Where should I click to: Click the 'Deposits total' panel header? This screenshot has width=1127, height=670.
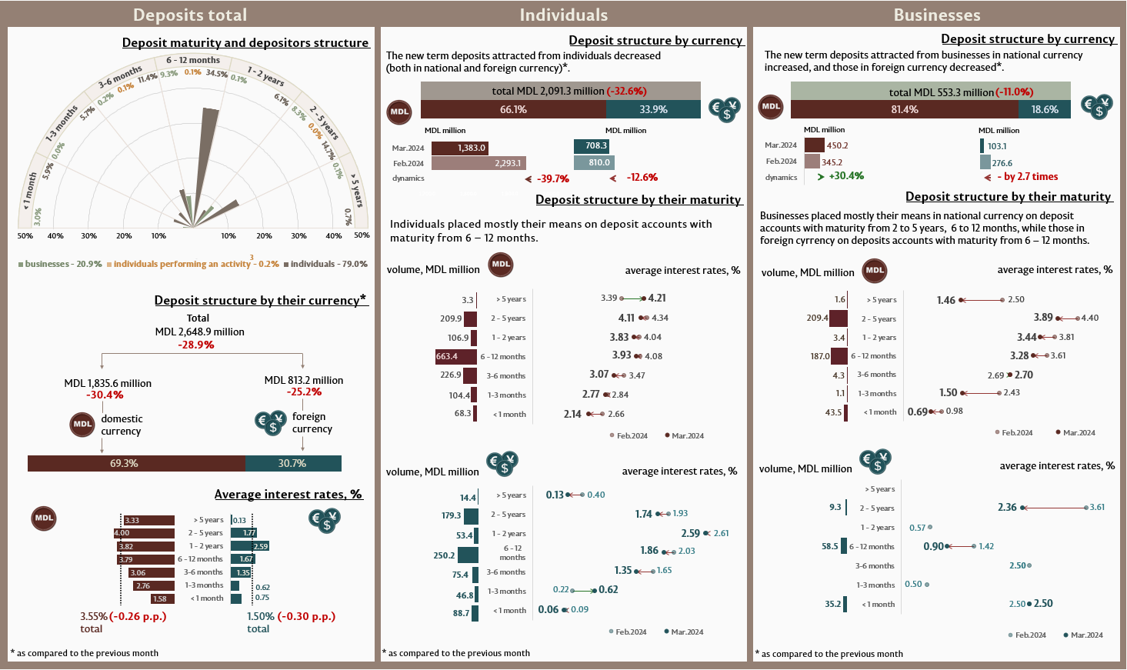(190, 15)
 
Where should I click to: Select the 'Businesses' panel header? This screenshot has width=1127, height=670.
(936, 15)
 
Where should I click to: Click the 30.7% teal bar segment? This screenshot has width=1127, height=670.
(293, 463)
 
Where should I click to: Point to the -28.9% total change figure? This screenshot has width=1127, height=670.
(196, 345)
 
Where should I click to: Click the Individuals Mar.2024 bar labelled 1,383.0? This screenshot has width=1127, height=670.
(459, 148)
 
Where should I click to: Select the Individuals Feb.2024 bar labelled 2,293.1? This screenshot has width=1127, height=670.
(478, 163)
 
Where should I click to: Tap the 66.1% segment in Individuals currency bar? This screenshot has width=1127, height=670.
(513, 109)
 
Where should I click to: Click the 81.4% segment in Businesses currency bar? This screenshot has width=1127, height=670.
(905, 109)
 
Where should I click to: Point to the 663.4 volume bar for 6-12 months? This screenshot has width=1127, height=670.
(455, 356)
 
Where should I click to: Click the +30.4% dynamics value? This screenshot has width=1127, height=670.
(846, 176)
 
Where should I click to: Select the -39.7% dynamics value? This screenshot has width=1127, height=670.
(552, 178)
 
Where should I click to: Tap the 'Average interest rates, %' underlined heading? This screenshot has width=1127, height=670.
(288, 494)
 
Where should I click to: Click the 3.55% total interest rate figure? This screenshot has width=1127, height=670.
(94, 616)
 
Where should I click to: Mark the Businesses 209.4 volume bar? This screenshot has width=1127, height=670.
(838, 318)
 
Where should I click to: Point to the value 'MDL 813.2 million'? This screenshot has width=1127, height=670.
(304, 380)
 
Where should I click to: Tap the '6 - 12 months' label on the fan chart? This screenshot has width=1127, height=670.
(193, 60)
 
